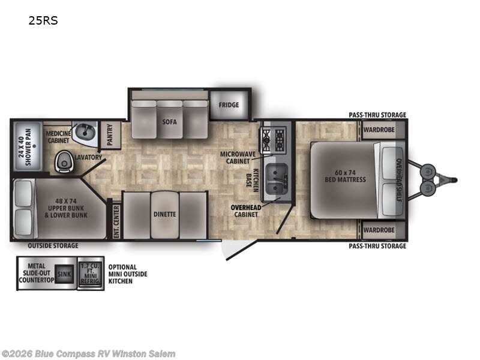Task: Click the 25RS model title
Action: coord(43,20)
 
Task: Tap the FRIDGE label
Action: coord(228,105)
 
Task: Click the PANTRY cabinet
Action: coord(110,135)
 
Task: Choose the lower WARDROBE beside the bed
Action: coord(382,230)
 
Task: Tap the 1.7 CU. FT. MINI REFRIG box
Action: coord(90,273)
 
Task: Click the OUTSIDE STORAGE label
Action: coord(53,246)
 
